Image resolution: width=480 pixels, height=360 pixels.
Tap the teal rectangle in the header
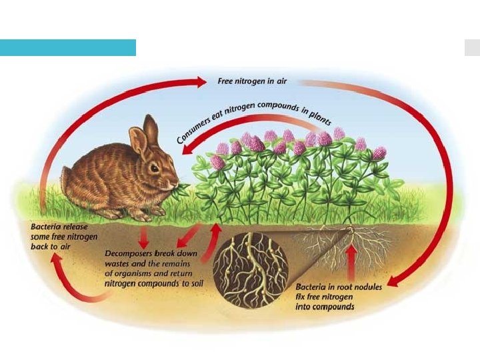coord(67,47)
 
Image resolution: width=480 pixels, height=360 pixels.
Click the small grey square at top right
coord(471,47)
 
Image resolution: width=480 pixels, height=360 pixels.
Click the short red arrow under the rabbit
coord(143,239)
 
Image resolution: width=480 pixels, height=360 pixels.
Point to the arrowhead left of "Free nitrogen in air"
coord(201,81)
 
